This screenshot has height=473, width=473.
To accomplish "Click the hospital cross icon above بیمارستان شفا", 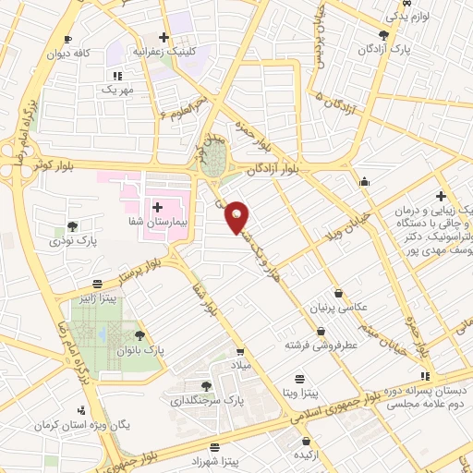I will coord(158,207).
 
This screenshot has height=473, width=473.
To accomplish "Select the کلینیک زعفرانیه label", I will coord(167,53).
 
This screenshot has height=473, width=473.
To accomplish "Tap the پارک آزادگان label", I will coord(409,47).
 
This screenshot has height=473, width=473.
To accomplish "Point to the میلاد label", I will coord(240,368).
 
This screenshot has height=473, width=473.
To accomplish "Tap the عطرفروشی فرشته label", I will coord(321,344).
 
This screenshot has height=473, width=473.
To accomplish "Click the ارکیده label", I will coord(305,456).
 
